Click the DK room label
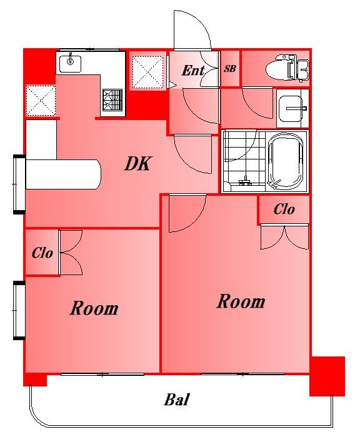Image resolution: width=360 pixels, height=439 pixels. [138, 163]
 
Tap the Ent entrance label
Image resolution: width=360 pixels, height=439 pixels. [193, 70]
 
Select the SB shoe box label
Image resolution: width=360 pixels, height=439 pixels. [230, 69]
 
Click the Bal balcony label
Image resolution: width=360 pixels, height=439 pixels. [177, 399]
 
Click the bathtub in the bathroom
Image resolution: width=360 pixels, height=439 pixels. [286, 161]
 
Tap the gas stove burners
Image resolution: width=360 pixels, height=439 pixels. [112, 100]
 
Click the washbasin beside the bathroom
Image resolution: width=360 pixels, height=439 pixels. [292, 108]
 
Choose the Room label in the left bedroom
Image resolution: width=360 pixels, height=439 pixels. [94, 308]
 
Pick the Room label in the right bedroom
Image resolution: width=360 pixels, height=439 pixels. [241, 301]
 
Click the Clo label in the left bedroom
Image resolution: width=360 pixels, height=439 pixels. [42, 253]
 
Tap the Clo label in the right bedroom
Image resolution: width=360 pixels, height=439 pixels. [284, 209]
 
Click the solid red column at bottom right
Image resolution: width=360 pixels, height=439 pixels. [327, 376]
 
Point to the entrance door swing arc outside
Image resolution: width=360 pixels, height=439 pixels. [196, 27]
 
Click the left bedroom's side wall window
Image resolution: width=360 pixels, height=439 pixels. [19, 310]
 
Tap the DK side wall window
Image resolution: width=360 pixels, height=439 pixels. [19, 184]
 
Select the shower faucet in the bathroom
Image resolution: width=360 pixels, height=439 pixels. [245, 181]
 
